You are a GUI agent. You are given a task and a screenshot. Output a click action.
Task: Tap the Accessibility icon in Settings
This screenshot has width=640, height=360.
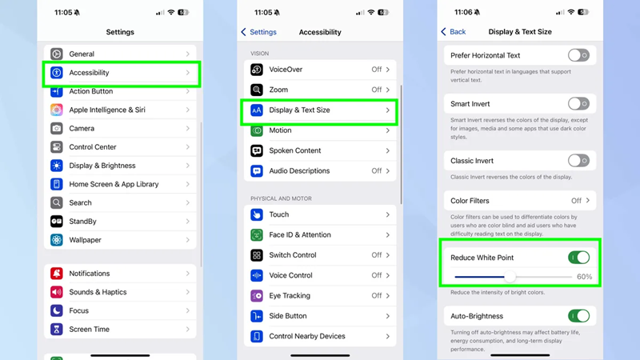[56, 73]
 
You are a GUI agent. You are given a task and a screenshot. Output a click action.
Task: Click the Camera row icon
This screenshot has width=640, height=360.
[56, 128]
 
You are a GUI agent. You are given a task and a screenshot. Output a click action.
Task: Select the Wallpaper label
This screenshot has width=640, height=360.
[85, 240]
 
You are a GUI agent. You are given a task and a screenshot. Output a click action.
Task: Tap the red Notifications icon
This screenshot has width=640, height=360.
[56, 274]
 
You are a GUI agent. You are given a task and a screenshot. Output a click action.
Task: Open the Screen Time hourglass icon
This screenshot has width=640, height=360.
[56, 329]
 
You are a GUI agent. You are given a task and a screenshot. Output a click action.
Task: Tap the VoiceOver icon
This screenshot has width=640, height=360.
[256, 70]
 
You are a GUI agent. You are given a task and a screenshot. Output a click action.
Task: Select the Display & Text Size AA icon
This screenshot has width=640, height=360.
[256, 110]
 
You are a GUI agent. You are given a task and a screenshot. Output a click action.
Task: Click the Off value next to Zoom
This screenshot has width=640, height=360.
[376, 90]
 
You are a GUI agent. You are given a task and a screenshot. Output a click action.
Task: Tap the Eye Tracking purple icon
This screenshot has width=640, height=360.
[256, 295]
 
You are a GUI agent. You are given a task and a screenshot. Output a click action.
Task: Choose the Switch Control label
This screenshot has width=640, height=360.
[293, 255]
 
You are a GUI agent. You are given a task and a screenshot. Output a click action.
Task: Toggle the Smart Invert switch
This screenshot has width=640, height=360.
[578, 104]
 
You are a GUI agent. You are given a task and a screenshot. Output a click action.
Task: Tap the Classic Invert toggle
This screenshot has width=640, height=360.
[578, 161]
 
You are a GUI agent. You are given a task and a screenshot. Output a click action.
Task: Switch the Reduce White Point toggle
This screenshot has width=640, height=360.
[578, 258]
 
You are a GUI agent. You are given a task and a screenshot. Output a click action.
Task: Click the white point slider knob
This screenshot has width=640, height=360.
[510, 277]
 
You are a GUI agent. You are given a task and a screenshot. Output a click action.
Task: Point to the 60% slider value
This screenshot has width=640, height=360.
[584, 277]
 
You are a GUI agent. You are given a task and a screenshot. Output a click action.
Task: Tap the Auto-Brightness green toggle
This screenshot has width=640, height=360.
[578, 316]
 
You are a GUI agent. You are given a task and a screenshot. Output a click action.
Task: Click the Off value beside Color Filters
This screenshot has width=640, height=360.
[576, 201]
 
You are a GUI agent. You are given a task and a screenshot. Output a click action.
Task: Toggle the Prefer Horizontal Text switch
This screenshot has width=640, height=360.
[578, 55]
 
